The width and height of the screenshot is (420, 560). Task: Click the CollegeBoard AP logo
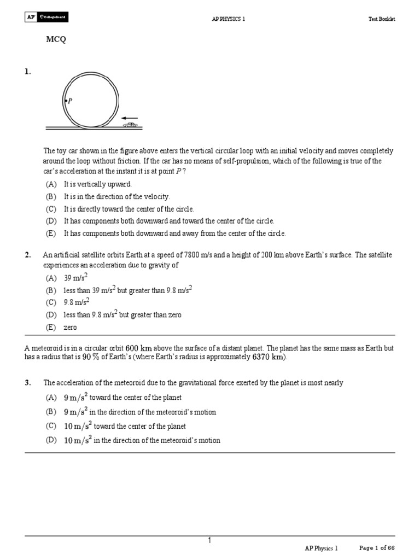[46, 19]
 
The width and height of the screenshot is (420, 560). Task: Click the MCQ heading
[55, 40]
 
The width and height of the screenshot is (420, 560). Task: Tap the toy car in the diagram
[130, 125]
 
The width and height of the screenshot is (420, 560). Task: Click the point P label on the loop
[69, 101]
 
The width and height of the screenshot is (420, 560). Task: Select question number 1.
[27, 72]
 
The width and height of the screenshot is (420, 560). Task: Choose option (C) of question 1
[51, 209]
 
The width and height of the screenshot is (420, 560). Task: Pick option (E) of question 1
[51, 234]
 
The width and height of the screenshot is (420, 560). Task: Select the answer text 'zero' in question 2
[71, 327]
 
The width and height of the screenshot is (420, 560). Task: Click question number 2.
[27, 255]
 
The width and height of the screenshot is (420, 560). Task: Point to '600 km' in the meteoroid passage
[138, 348]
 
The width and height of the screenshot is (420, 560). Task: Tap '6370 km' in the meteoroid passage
[267, 358]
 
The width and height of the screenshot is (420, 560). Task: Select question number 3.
[27, 383]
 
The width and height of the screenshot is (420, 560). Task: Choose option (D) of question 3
[51, 440]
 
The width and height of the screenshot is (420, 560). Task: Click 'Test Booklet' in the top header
[381, 19]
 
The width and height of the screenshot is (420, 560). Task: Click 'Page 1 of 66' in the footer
[377, 547]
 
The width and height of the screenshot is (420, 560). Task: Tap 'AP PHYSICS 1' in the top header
[229, 19]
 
